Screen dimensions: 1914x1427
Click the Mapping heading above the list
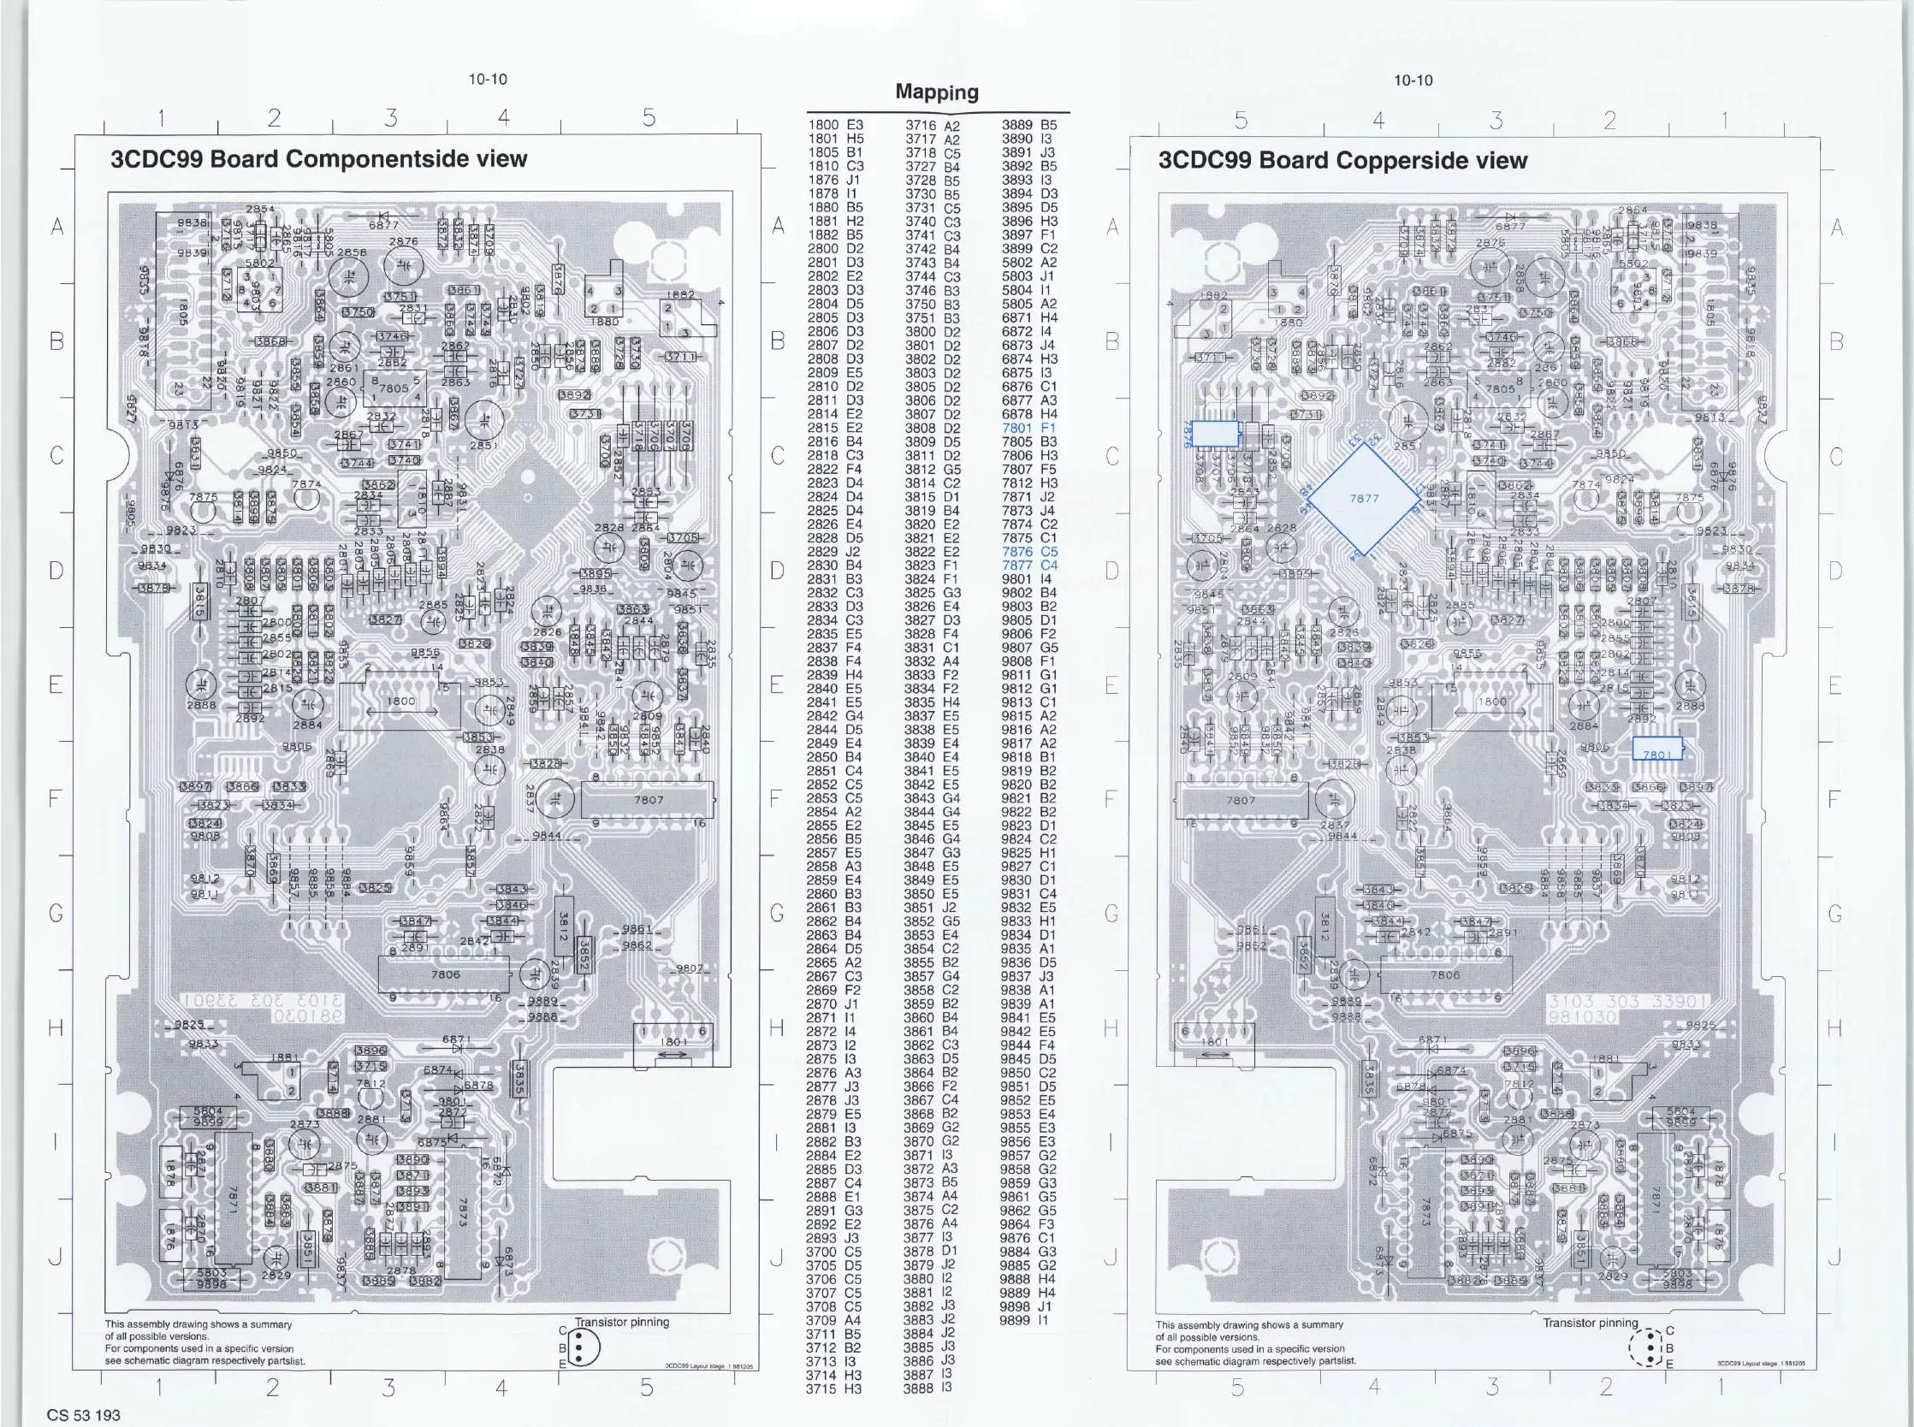(x=936, y=92)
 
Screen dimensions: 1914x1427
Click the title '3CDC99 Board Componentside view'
(x=318, y=159)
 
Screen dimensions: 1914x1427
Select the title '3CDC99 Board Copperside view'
(x=1342, y=161)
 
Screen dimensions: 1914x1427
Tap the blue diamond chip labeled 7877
(x=1364, y=499)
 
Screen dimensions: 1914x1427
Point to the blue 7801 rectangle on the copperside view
(x=1656, y=749)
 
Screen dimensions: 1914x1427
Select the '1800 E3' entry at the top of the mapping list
(x=835, y=125)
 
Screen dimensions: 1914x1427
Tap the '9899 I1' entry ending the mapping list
(x=1024, y=1321)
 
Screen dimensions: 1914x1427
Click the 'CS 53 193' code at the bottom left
(x=84, y=1415)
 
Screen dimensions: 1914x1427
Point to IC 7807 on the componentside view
(x=648, y=800)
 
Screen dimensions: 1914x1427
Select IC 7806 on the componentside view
(x=445, y=974)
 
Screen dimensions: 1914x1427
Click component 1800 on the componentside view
(x=400, y=702)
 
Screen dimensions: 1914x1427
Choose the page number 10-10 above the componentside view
(x=488, y=80)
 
